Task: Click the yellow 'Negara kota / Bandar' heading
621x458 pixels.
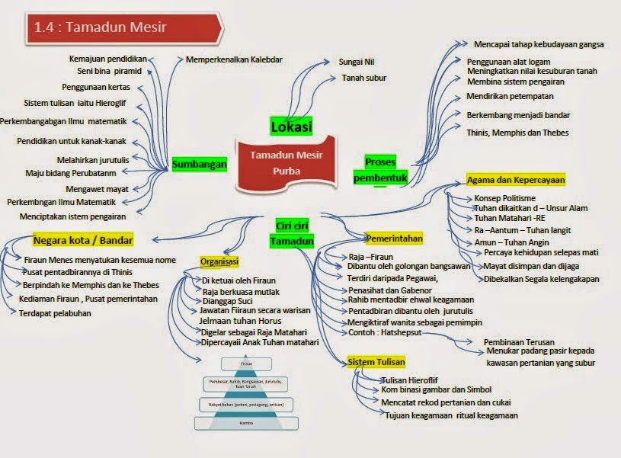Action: point(73,238)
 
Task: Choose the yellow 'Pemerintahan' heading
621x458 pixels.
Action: point(394,239)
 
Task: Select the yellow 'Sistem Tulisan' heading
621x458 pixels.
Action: point(376,361)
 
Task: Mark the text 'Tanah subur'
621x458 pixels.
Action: point(363,78)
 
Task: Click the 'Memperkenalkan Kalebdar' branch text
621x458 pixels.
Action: point(229,59)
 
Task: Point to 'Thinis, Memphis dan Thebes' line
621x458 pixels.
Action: point(517,133)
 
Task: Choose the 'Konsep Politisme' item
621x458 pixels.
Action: point(505,197)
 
